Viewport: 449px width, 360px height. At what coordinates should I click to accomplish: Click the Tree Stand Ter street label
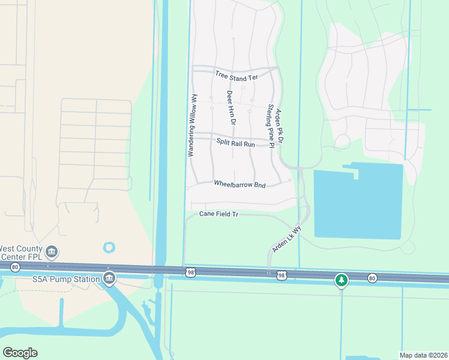pos(236,74)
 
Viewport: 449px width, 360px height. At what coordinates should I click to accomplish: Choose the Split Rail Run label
pos(236,144)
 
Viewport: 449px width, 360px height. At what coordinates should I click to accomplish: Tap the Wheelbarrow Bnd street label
pos(240,185)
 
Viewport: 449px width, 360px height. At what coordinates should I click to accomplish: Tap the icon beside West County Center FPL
pos(52,251)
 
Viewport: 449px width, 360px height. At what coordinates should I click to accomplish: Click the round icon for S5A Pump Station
pos(109,278)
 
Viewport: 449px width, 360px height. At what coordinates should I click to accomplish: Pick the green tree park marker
pos(342,280)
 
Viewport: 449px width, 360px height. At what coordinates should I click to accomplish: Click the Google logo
pos(20,353)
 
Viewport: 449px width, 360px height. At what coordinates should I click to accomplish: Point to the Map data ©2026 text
pos(423,355)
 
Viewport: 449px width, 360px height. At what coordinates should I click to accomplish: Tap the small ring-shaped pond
pos(109,247)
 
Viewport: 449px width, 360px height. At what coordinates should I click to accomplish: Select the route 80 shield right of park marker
pos(372,277)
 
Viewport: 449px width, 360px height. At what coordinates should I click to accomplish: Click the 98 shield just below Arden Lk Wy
pos(281,275)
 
